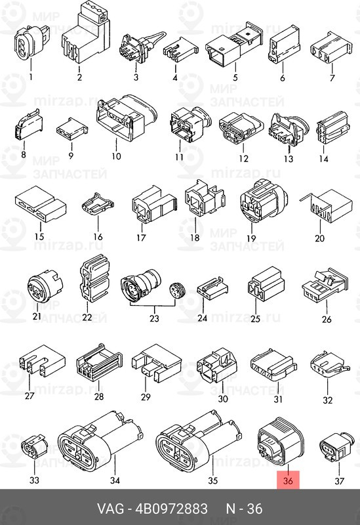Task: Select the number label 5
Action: tap(235, 77)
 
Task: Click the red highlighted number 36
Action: tap(288, 481)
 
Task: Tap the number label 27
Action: tap(30, 396)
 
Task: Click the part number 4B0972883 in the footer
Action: tap(171, 509)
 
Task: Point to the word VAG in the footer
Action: tap(110, 509)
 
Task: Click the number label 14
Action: tap(323, 158)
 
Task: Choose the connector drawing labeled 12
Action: tap(241, 129)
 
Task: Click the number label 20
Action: tap(319, 238)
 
